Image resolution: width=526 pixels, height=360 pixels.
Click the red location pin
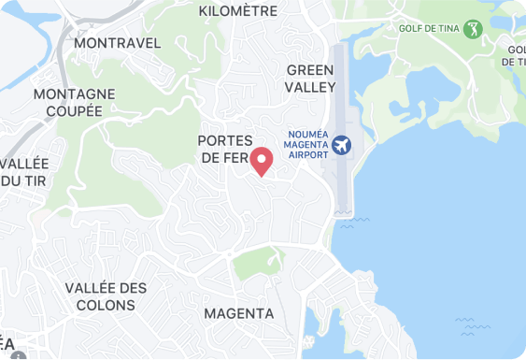pos(263,161)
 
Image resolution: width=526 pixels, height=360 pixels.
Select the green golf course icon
pos(473,29)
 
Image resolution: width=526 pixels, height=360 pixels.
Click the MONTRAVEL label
pos(117,43)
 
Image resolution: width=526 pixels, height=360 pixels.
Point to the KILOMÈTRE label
pos(238,11)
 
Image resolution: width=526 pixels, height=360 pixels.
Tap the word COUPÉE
pos(74,110)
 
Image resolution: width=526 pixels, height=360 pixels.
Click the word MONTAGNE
pos(74,94)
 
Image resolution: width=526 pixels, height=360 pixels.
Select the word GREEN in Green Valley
pos(310,71)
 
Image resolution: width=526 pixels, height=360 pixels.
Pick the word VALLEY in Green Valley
pos(310,87)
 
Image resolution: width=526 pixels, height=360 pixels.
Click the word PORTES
pos(226,140)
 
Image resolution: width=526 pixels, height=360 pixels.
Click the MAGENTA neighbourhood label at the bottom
pos(238,313)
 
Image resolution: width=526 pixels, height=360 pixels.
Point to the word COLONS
pos(106,305)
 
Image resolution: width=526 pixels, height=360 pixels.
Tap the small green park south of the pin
pos(256,264)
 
